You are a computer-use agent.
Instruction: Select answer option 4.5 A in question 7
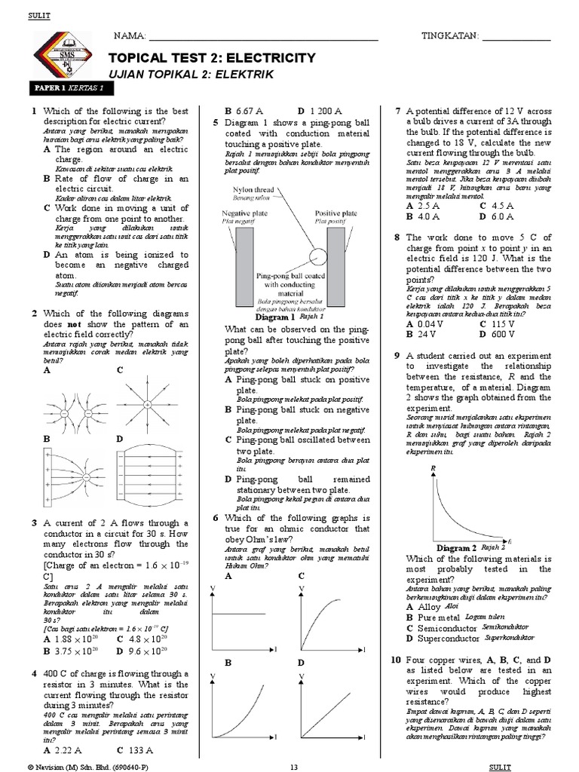(x=501, y=205)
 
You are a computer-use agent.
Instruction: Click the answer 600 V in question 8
(x=502, y=333)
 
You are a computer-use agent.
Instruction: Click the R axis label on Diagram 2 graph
(x=433, y=468)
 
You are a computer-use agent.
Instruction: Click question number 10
(x=396, y=660)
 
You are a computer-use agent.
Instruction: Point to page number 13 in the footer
(x=295, y=766)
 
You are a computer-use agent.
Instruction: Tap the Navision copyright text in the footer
(x=79, y=766)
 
